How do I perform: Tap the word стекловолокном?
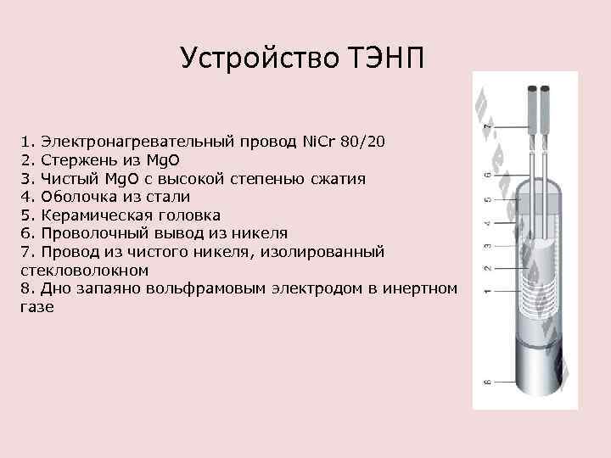(83, 271)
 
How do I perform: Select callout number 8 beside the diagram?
(487, 383)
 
